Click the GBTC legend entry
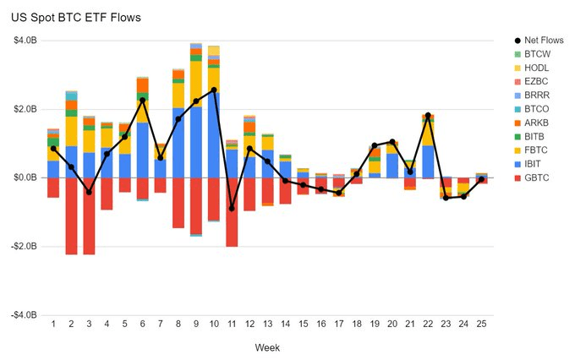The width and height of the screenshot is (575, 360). (x=536, y=177)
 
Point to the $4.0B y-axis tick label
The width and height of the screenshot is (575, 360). (x=25, y=41)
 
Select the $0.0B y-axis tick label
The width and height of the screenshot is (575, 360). (x=25, y=177)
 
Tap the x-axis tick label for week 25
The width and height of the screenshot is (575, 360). (x=481, y=324)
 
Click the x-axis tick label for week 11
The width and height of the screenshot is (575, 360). (x=232, y=324)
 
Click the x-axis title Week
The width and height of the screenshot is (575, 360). (x=267, y=347)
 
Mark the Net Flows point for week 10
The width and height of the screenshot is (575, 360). (x=214, y=90)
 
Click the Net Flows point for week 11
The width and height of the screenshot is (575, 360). (x=232, y=208)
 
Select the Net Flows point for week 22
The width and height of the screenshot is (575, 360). (x=428, y=115)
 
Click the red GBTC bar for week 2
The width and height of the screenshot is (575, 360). (x=71, y=215)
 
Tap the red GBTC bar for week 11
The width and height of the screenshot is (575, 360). (x=232, y=212)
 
